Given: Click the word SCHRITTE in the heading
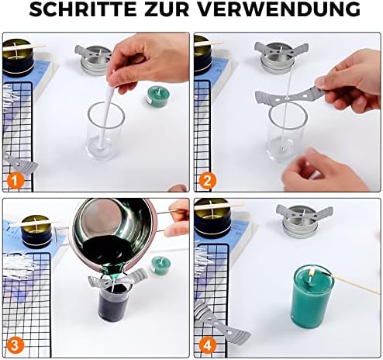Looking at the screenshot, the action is pyautogui.click(x=83, y=9).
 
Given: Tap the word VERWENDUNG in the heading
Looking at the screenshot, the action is pyautogui.click(x=279, y=9).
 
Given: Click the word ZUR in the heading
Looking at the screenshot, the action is pyautogui.click(x=167, y=9).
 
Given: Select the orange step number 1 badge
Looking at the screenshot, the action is pyautogui.click(x=16, y=181).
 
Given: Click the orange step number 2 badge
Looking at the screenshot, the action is pyautogui.click(x=207, y=181).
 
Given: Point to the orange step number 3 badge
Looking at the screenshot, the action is pyautogui.click(x=15, y=345).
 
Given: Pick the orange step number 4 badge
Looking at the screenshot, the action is pyautogui.click(x=207, y=345).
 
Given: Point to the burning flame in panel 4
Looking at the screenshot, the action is pyautogui.click(x=312, y=272).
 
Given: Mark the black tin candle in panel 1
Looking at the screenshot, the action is pyautogui.click(x=18, y=58).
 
